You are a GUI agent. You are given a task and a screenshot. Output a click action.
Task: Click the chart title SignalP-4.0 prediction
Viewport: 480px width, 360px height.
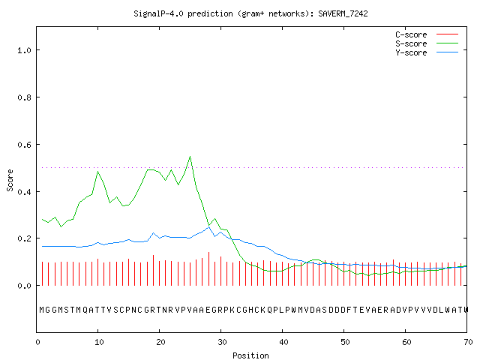coord(250,13)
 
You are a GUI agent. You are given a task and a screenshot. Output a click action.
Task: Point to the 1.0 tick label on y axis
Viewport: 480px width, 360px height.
coord(25,50)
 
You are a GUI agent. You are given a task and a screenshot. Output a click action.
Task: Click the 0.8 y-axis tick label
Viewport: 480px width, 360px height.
coord(25,97)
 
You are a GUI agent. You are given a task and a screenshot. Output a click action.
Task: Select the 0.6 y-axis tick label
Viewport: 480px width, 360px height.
coord(25,145)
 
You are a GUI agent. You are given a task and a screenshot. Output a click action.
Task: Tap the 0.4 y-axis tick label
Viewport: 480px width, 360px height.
coord(25,192)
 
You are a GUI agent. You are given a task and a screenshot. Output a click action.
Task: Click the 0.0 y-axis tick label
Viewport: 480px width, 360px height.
coord(25,286)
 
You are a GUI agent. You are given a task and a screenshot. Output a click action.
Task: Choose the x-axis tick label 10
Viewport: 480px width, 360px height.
coord(98,342)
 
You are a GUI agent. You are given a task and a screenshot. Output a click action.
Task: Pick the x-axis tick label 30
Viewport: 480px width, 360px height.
coord(222,342)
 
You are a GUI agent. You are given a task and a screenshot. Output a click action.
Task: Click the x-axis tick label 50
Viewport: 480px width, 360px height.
coord(345,342)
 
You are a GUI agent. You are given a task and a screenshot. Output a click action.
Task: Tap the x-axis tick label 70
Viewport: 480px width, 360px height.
coord(468,342)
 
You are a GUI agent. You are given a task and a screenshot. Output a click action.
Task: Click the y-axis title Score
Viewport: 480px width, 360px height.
coord(10,180)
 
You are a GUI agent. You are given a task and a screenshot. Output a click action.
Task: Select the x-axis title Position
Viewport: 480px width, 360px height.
coord(250,355)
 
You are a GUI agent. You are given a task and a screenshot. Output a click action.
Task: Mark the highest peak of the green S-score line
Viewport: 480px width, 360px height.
coord(190,157)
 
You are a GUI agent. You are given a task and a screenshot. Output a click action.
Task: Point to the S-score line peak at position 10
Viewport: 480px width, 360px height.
coord(98,172)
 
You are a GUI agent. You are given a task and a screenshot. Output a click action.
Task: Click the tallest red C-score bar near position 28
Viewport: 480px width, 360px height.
coord(208,268)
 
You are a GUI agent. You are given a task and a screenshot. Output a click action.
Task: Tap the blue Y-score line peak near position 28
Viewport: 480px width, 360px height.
coord(208,227)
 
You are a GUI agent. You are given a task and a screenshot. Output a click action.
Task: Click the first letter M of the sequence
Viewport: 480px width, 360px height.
coord(42,310)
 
